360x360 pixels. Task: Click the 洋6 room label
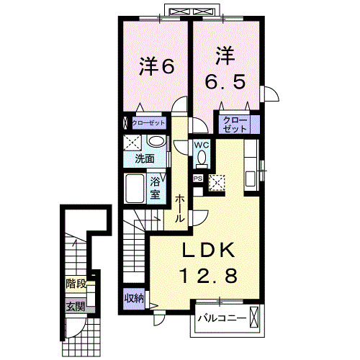click(x=156, y=66)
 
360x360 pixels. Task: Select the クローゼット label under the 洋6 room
click(x=148, y=123)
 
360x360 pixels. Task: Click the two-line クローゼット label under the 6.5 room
click(x=235, y=123)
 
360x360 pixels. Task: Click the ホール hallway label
click(x=179, y=207)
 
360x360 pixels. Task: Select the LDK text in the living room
click(x=207, y=250)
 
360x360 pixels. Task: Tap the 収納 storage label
click(x=133, y=297)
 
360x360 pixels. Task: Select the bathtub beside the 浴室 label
click(x=136, y=189)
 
